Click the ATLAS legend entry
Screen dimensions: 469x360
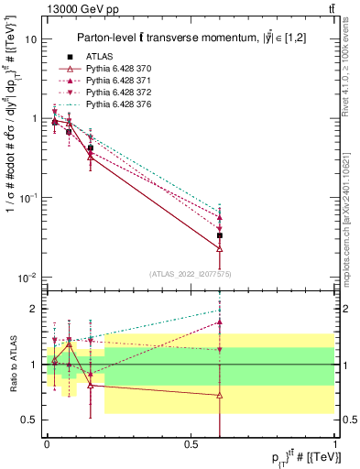point(99,57)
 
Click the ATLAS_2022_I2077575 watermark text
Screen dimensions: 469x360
point(190,274)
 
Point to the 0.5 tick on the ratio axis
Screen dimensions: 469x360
point(30,420)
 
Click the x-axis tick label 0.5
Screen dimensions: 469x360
point(191,442)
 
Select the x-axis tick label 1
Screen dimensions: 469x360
point(335,442)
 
